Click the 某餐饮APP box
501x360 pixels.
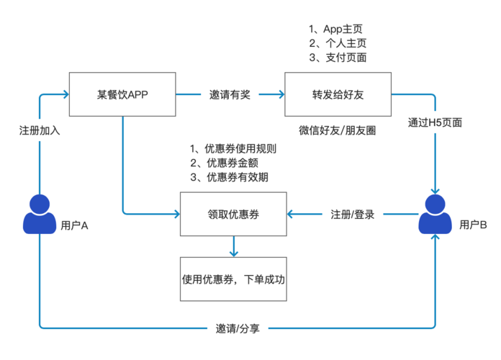122,94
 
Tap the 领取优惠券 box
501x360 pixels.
233,214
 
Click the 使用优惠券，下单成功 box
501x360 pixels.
233,276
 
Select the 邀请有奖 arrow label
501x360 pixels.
230,94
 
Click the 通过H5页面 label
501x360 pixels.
435,122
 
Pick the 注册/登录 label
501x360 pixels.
352,215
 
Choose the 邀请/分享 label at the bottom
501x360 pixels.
238,328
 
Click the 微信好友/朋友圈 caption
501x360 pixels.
337,130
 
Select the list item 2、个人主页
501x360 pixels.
337,44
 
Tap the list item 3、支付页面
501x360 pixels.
337,58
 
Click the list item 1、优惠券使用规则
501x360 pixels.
233,149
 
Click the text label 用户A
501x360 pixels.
74,225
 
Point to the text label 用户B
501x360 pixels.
473,225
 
